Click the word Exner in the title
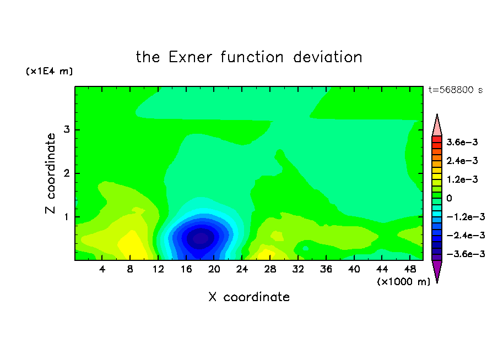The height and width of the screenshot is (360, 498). click(190, 57)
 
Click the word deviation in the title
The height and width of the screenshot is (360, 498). click(328, 57)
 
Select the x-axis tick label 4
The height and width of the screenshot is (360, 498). click(102, 269)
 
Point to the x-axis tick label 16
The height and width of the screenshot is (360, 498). click(186, 269)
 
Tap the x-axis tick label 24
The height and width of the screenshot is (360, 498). click(242, 269)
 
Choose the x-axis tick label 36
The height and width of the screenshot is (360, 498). click(326, 269)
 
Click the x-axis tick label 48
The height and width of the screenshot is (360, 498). click(410, 269)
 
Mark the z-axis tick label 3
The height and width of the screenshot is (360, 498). click(67, 129)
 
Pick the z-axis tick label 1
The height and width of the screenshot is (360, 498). click(67, 217)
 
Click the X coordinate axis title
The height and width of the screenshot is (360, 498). click(249, 297)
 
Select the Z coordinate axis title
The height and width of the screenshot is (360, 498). click(50, 173)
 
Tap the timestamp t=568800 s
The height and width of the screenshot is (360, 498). click(456, 90)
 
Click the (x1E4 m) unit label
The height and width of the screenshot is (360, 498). click(49, 71)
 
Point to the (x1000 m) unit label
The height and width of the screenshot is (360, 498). click(403, 282)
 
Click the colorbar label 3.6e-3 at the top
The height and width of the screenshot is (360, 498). click(462, 142)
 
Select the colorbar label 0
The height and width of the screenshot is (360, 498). click(449, 198)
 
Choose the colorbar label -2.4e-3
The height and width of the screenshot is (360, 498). click(465, 236)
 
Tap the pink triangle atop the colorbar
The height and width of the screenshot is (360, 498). click(437, 126)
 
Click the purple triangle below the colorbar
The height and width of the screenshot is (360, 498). click(437, 271)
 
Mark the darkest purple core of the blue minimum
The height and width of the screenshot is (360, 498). click(201, 238)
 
